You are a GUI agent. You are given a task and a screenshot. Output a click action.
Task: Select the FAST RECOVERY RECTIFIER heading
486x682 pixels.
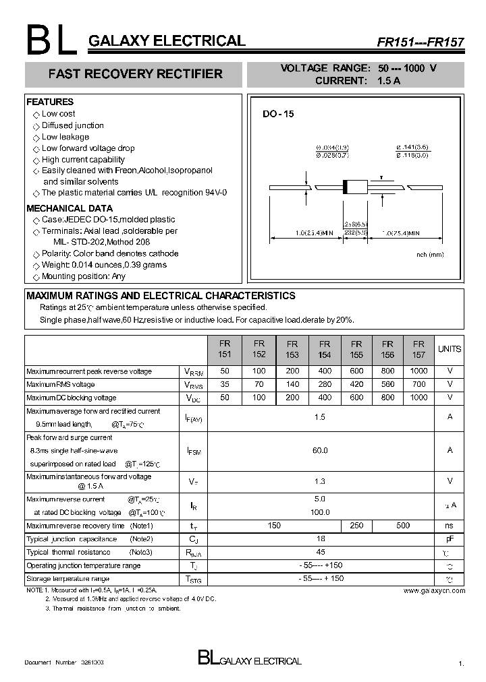coord(135,74)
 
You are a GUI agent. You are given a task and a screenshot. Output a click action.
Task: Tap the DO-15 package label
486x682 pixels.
coord(278,115)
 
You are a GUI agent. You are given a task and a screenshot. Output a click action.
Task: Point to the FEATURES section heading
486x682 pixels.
coord(50,102)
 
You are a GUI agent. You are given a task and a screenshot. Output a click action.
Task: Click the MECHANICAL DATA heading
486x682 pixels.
coord(70,208)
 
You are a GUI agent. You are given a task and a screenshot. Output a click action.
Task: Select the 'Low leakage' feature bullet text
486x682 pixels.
coord(65,137)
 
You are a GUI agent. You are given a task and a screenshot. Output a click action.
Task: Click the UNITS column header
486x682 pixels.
coord(450,349)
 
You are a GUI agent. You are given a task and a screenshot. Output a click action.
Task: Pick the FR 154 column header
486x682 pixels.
coord(324,349)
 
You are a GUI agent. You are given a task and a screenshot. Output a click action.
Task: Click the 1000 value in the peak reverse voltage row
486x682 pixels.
coord(418,371)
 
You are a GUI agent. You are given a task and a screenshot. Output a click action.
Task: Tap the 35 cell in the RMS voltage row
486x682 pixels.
coord(224,384)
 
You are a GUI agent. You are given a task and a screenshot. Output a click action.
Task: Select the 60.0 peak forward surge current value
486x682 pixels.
coord(320,450)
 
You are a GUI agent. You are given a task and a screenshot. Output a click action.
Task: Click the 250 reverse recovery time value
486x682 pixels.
coord(357,526)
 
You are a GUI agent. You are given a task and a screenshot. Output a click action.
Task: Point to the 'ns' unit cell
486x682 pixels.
coord(450,526)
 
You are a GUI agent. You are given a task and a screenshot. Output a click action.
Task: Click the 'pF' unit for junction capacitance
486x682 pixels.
coord(450,539)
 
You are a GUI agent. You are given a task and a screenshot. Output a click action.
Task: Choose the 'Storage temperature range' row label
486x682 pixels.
coord(67,579)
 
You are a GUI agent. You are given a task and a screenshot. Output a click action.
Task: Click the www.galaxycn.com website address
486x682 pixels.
coord(434,590)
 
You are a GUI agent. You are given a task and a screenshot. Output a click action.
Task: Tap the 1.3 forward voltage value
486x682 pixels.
coord(320,481)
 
